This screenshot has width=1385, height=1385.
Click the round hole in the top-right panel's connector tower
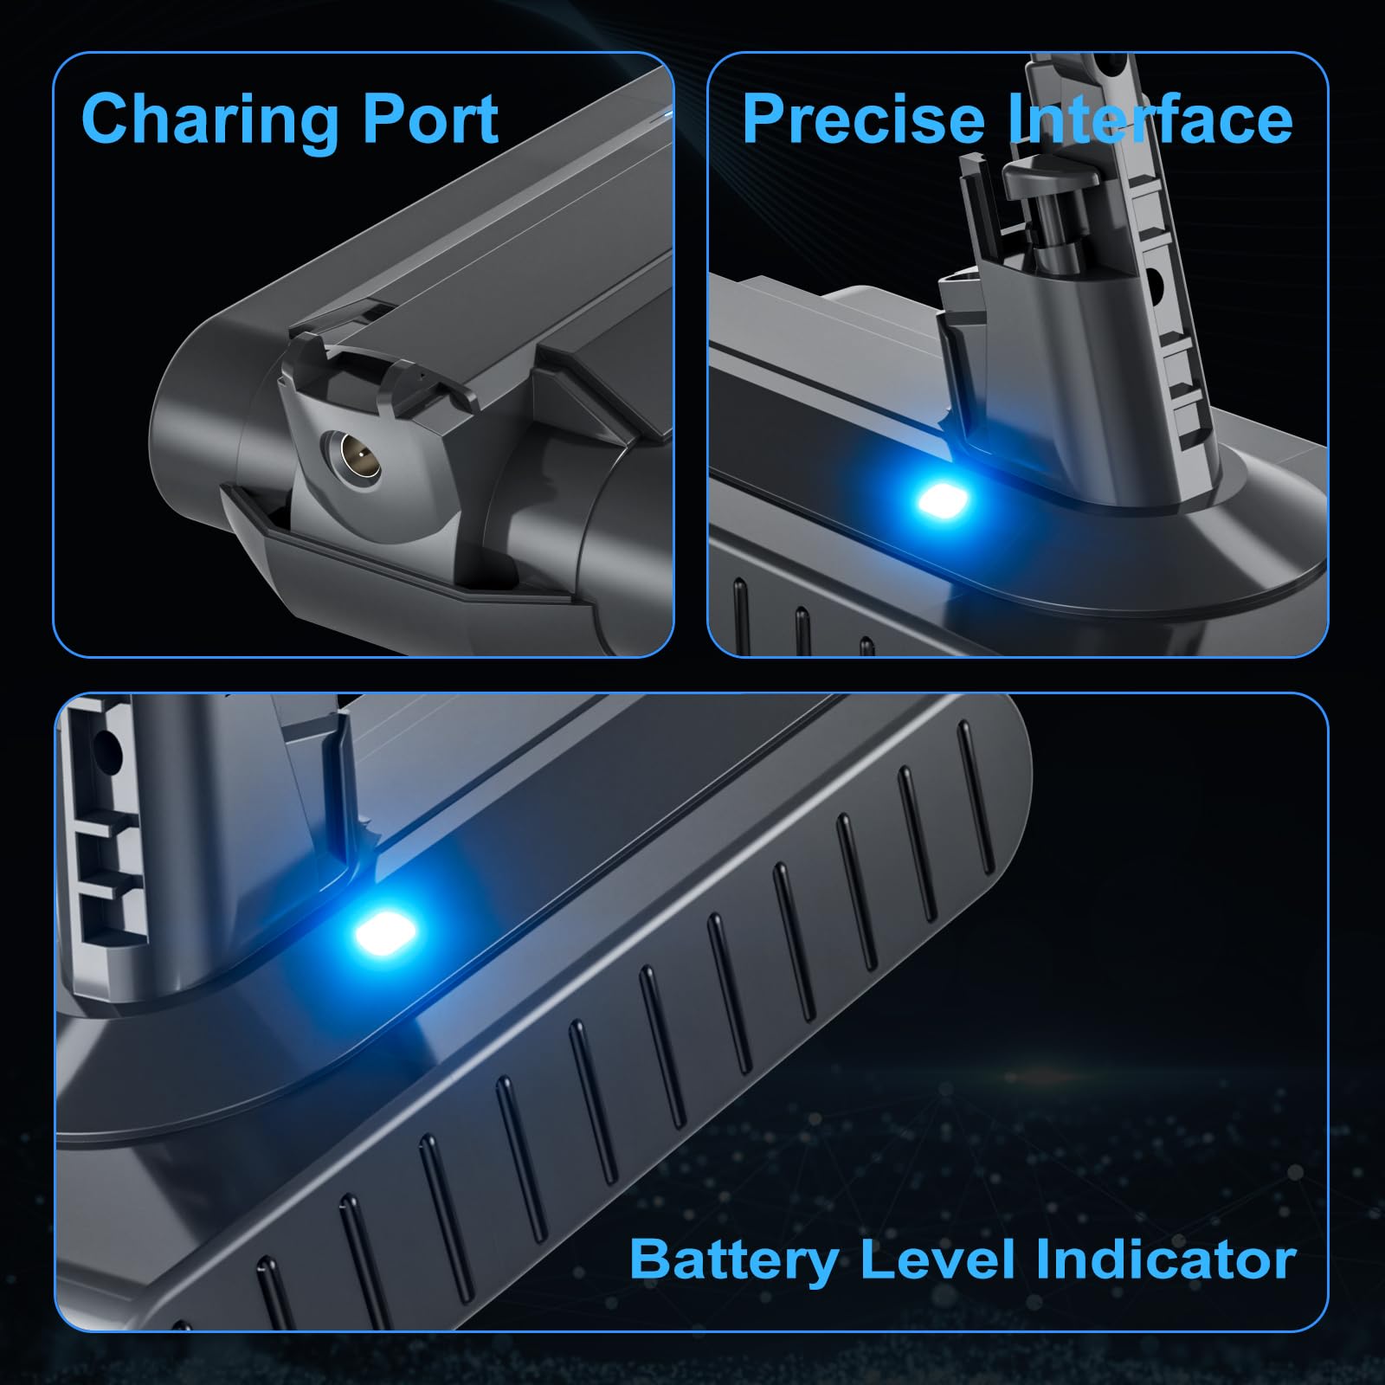[x=1154, y=280]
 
